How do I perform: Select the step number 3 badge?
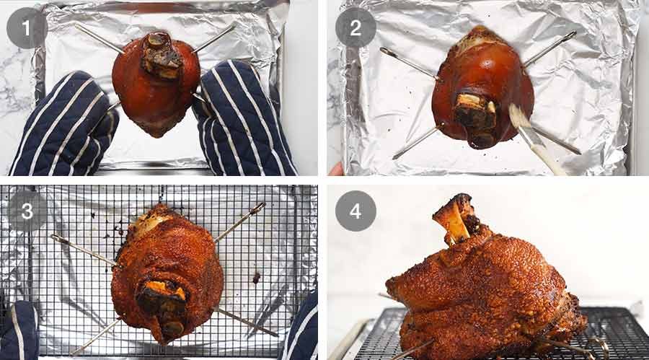pos(27,211)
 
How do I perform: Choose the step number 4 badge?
pos(356,211)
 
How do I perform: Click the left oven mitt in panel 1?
pos(61,126)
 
